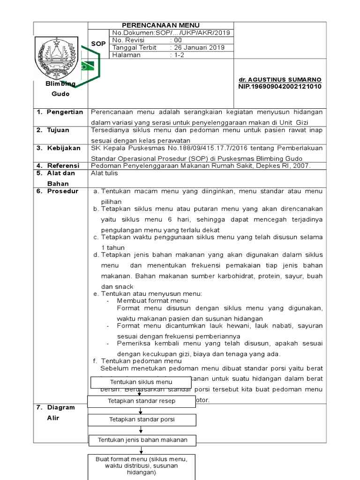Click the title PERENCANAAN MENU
pos(160,25)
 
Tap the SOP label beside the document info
pos(98,44)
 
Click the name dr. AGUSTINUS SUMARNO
pos(279,80)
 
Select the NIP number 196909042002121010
pos(280,87)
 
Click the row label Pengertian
pos(65,112)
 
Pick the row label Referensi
pos(63,165)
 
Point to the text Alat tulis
pos(104,173)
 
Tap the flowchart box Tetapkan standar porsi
pos(142,420)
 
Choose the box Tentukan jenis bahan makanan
pos(142,440)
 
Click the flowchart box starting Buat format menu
pos(142,466)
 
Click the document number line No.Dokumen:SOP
pos(171,32)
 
